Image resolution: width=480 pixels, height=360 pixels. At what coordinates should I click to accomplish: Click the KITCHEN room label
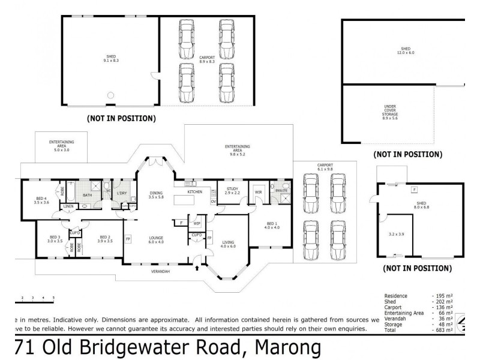(194, 192)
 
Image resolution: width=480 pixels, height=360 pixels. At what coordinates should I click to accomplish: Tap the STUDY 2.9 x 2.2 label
(232, 191)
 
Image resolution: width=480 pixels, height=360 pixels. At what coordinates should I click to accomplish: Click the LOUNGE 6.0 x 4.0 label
(156, 239)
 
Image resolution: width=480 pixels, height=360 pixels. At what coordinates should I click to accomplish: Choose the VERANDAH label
(160, 272)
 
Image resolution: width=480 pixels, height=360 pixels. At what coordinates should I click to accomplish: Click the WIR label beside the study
(259, 193)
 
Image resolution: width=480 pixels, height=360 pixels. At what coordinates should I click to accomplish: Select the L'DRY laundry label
(122, 193)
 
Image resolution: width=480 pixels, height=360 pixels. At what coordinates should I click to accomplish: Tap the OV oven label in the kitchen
(213, 202)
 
